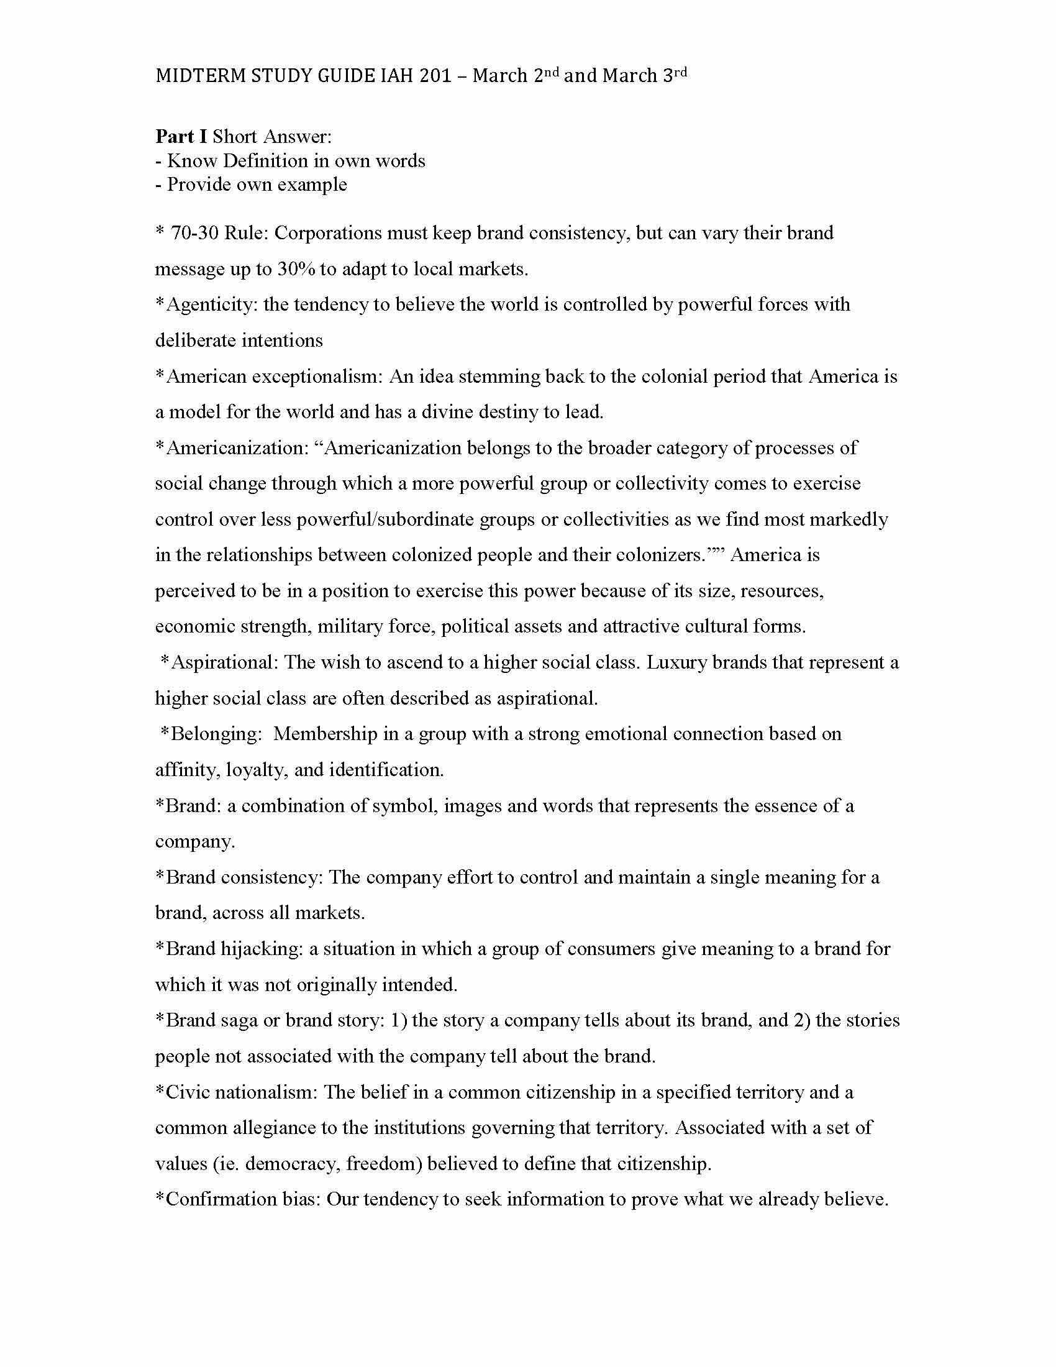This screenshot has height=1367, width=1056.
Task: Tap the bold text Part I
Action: pos(181,137)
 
